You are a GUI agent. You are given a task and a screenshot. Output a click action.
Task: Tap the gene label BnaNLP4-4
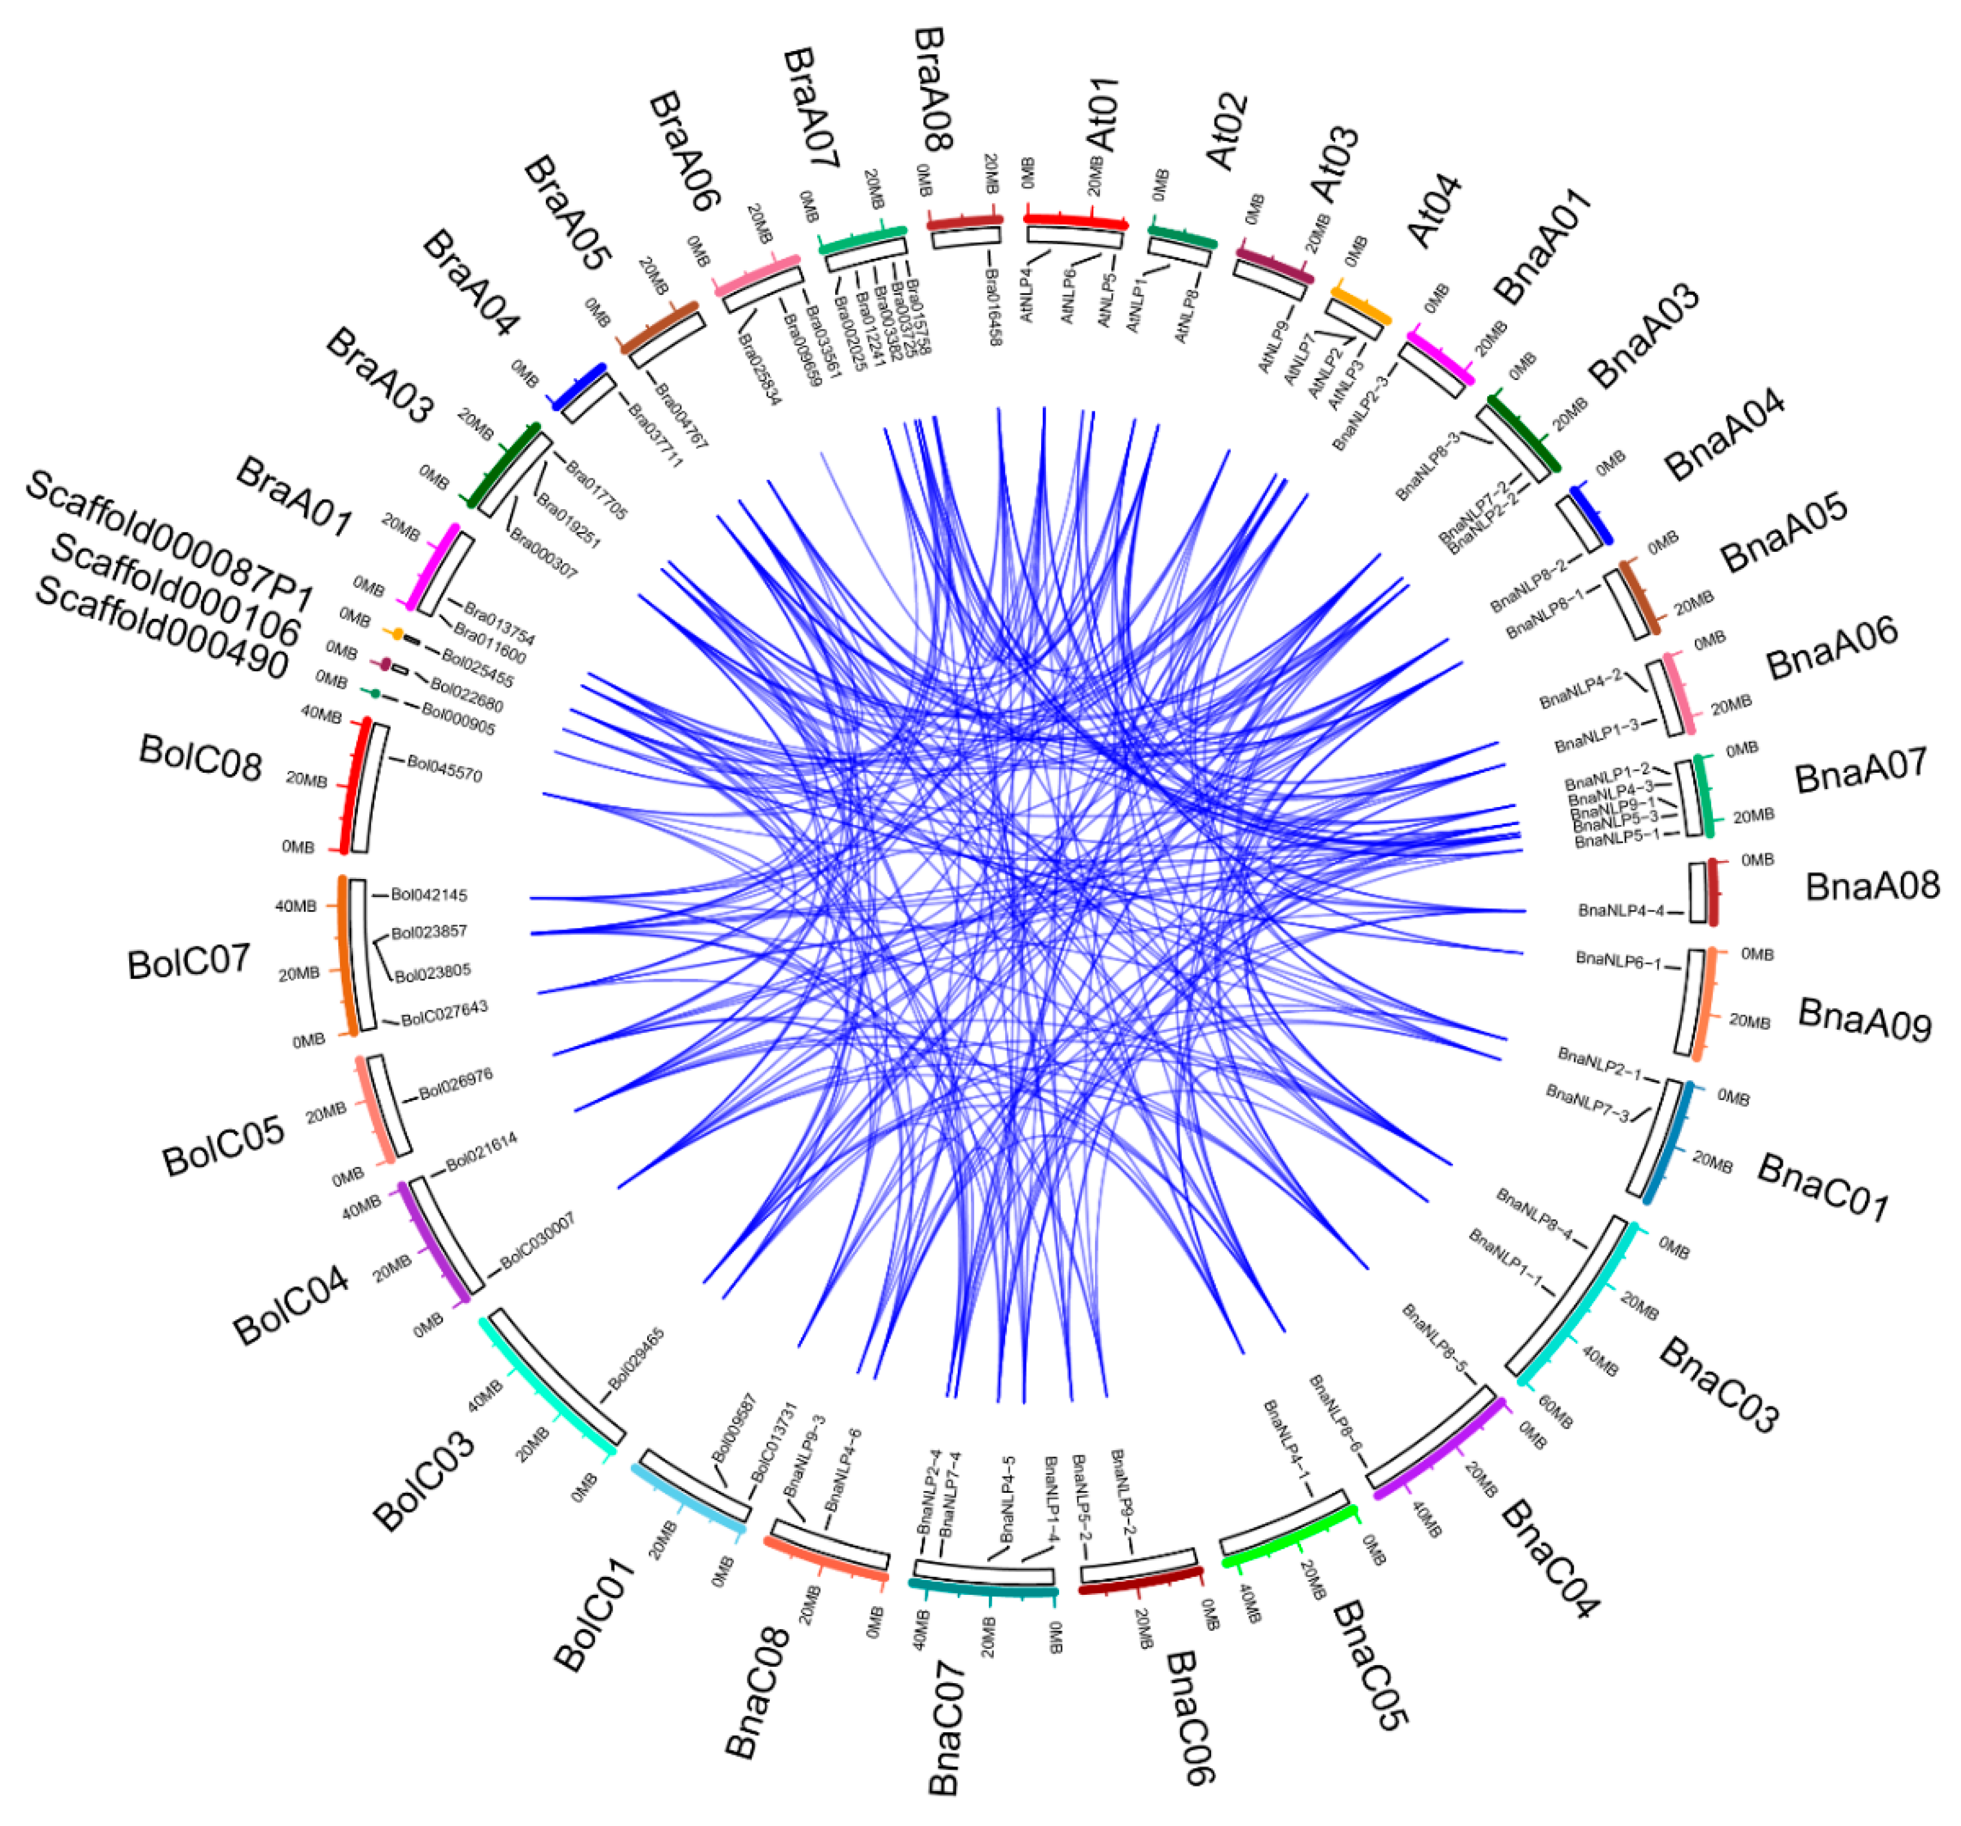[1621, 910]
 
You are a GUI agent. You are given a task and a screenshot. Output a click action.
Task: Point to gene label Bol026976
[456, 1084]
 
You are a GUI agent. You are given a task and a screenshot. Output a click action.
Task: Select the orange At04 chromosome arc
[1361, 303]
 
